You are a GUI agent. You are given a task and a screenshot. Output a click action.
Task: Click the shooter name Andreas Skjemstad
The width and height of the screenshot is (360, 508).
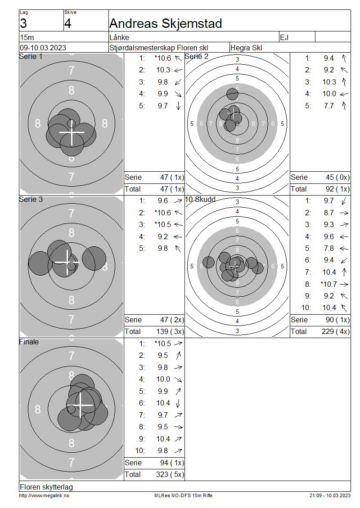pos(166,23)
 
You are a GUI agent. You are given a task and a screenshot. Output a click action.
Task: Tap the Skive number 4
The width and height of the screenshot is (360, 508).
pos(67,24)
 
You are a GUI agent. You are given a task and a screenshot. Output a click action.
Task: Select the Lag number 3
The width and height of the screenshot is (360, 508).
pos(23,24)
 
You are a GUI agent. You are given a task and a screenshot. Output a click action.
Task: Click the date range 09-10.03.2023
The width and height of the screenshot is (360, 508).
pos(43,48)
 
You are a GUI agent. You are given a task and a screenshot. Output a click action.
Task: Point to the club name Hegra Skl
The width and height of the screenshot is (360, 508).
pos(246,48)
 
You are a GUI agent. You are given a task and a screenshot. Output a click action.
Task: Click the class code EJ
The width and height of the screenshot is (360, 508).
pos(284,38)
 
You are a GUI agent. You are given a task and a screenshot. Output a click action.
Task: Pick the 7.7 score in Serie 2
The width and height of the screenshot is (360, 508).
pos(328,106)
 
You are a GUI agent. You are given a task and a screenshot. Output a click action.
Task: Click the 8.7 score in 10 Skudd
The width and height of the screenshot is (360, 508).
pos(328,213)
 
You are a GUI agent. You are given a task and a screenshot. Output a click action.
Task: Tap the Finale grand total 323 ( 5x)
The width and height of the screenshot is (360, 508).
pos(170,475)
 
